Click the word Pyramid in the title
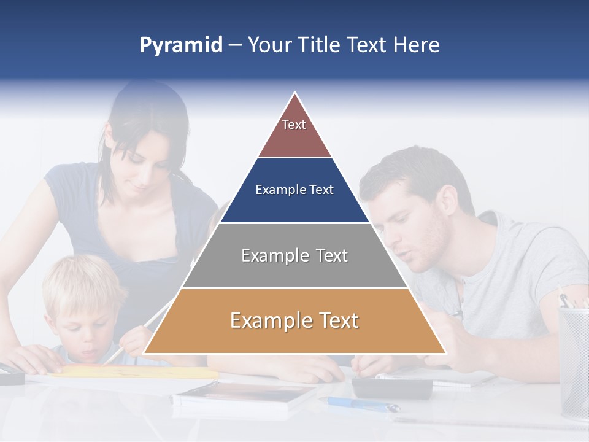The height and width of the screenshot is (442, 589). (180, 45)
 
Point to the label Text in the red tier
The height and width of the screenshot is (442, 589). (294, 125)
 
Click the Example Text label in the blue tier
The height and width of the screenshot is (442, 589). (294, 190)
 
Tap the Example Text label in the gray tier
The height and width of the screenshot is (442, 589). (294, 255)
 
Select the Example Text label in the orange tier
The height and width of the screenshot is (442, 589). (294, 320)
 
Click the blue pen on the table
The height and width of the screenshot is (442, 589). (362, 404)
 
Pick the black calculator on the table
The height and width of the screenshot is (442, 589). (392, 387)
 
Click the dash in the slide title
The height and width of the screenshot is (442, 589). (234, 45)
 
